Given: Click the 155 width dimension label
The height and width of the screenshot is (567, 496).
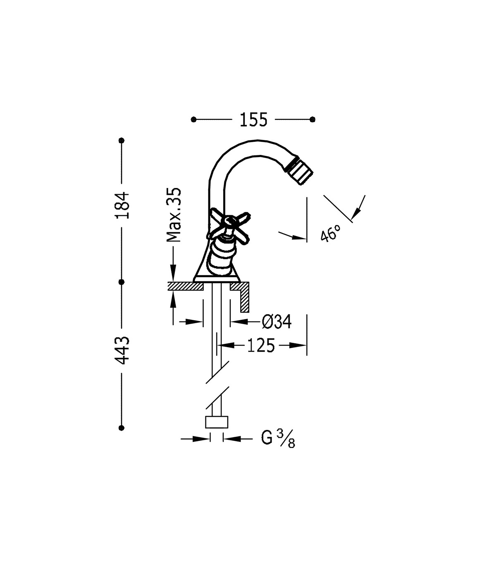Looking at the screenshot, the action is (x=253, y=120).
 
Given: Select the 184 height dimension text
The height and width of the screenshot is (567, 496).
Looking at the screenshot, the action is (x=122, y=205).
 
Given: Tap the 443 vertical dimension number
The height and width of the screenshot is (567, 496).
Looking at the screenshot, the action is (x=122, y=350).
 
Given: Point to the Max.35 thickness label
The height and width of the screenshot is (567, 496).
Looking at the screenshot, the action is (x=174, y=215).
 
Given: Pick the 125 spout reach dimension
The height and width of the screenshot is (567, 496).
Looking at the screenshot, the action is (x=261, y=345).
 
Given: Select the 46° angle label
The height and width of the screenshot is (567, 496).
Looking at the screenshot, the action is (x=331, y=233).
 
